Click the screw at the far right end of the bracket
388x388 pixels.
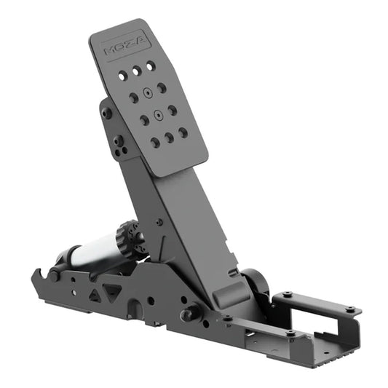[x=352, y=310]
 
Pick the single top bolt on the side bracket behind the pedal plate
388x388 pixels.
[x=107, y=114]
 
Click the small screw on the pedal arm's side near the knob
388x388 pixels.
[x=158, y=222]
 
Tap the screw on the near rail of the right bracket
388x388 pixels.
[x=290, y=333]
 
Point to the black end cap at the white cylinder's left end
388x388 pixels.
[x=64, y=257]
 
